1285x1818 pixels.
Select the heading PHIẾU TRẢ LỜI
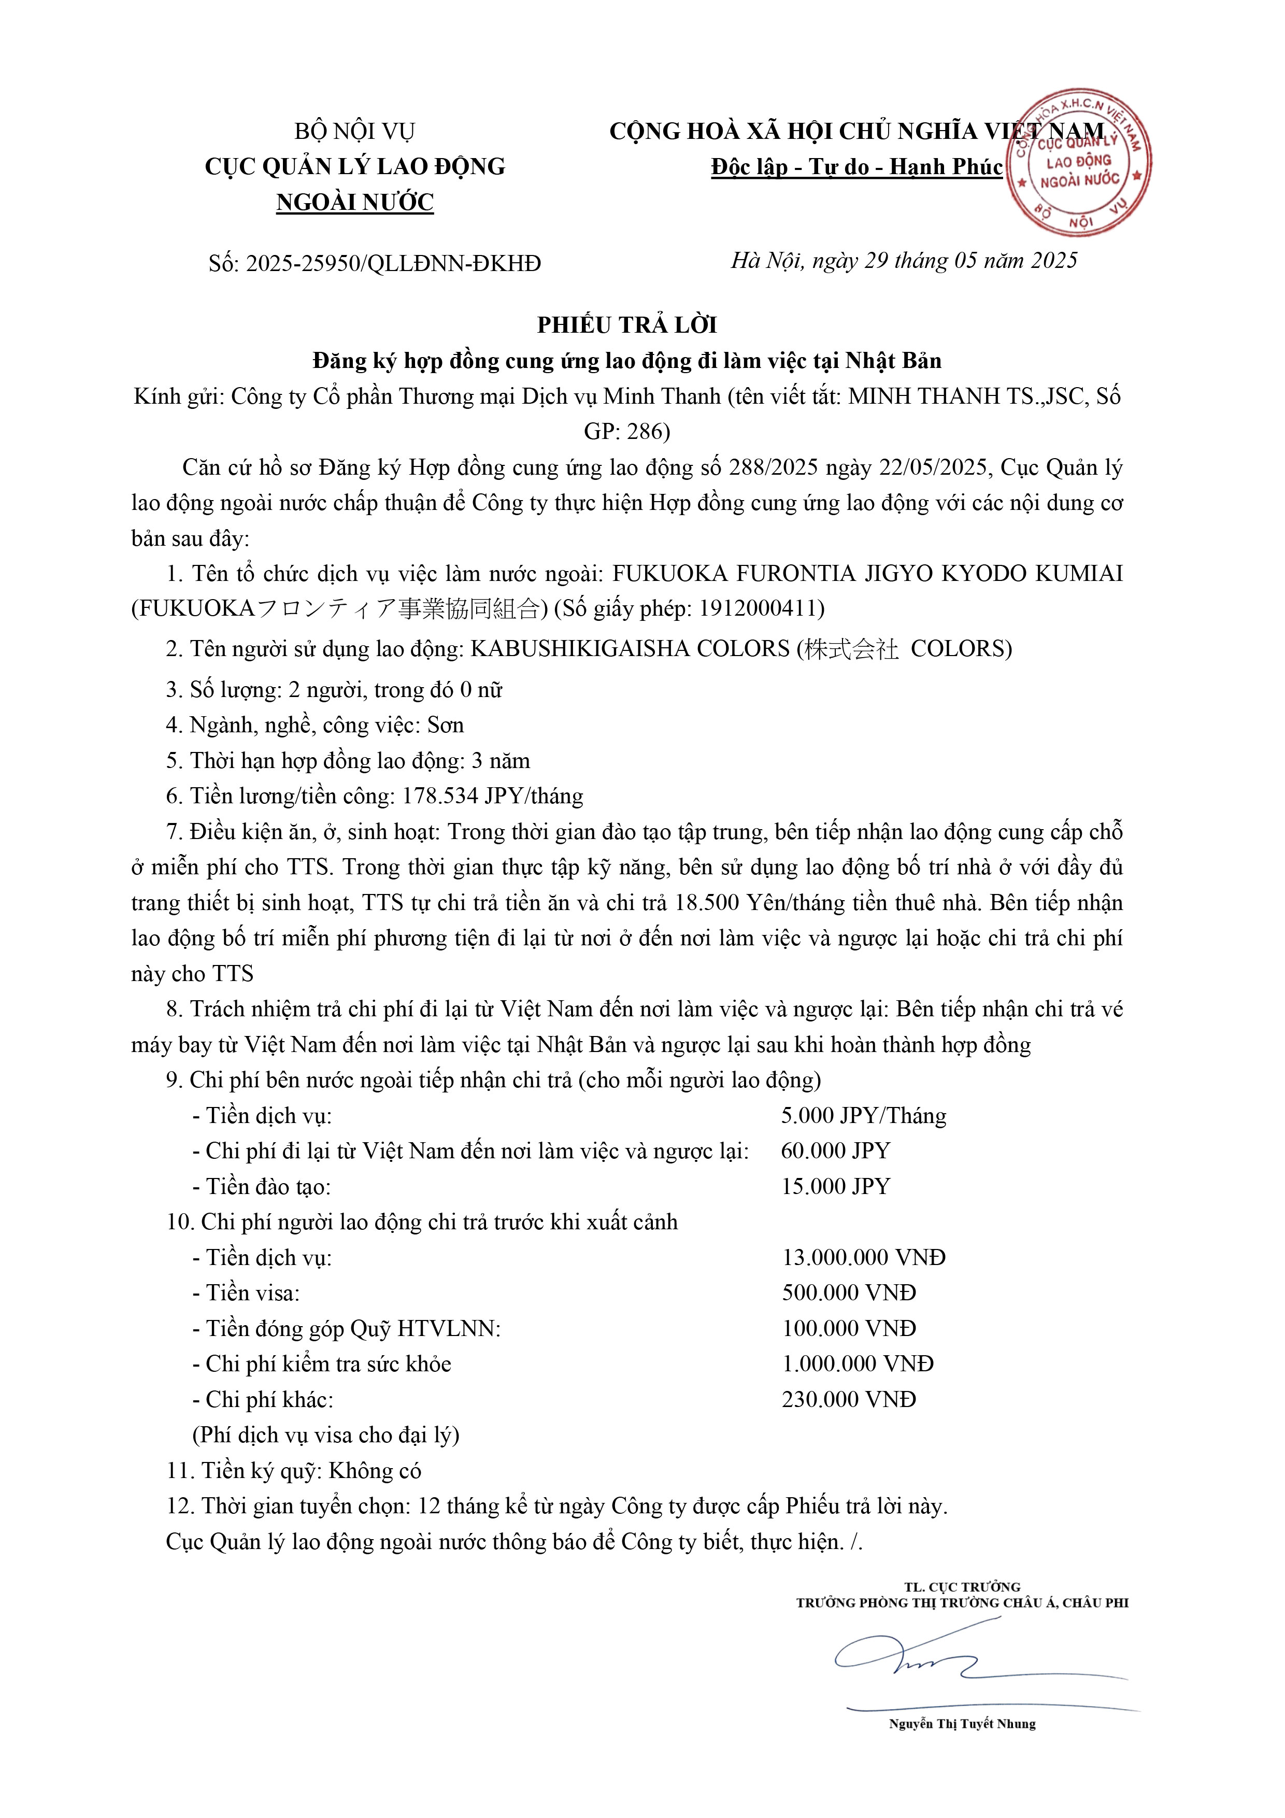point(627,325)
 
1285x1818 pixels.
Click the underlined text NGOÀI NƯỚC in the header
point(355,203)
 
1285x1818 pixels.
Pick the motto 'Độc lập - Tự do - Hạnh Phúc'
point(856,167)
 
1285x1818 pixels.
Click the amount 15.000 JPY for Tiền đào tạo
point(835,1186)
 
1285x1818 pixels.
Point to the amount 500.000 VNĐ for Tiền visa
point(849,1293)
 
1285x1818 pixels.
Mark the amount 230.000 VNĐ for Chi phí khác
point(849,1399)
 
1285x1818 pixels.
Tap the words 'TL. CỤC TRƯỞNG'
point(962,1587)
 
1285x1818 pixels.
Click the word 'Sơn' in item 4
point(445,726)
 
